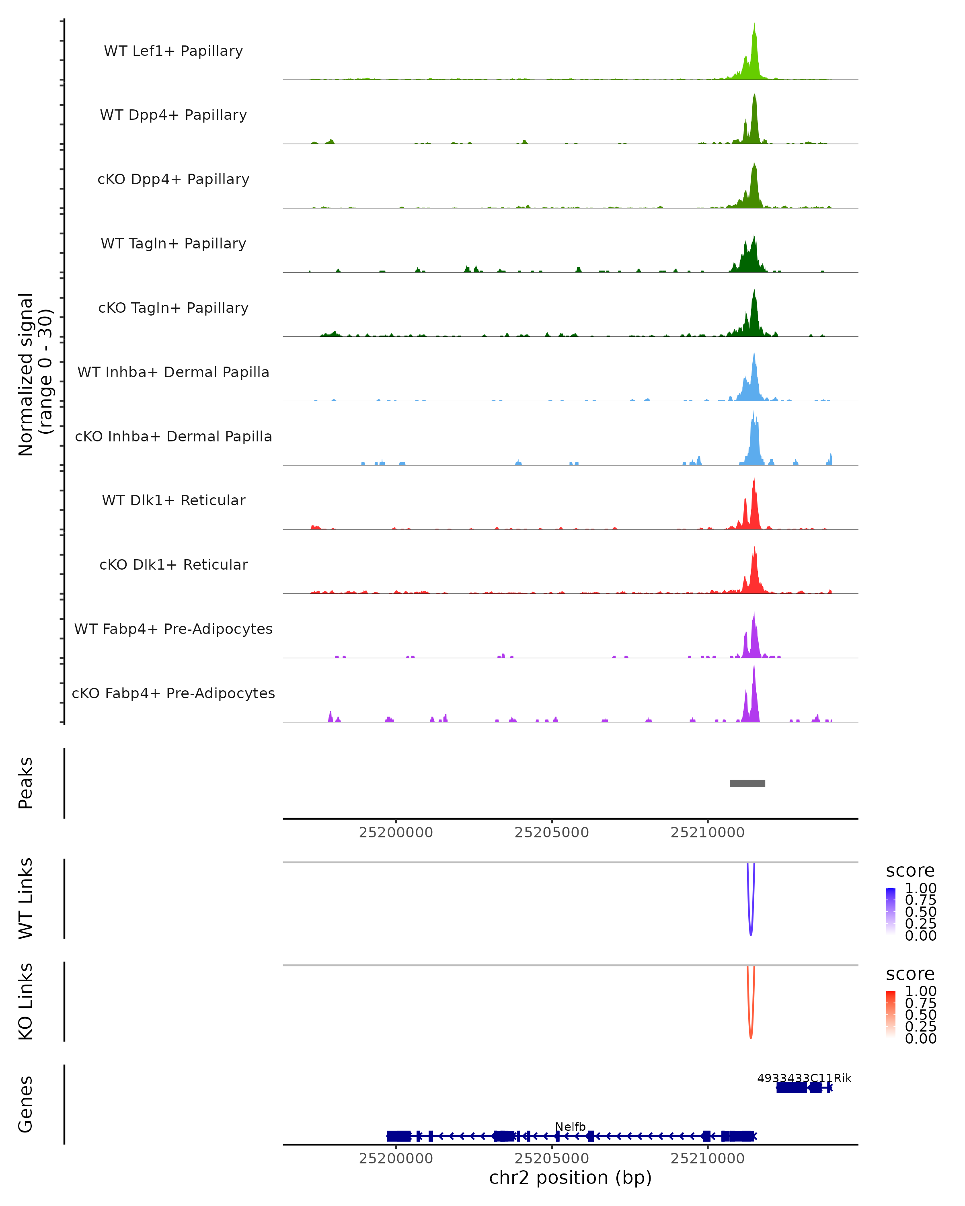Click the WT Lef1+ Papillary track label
(173, 51)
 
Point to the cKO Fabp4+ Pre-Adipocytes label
(173, 693)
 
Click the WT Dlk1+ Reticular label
(173, 500)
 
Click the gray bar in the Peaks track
(747, 783)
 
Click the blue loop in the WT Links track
(751, 929)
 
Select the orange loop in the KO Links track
(751, 1032)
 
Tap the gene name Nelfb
(570, 1126)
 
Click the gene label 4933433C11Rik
(804, 1078)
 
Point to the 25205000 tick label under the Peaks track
(552, 833)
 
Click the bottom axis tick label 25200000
(396, 1159)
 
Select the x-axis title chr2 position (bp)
(570, 1178)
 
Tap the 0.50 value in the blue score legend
(920, 912)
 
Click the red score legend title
(910, 974)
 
